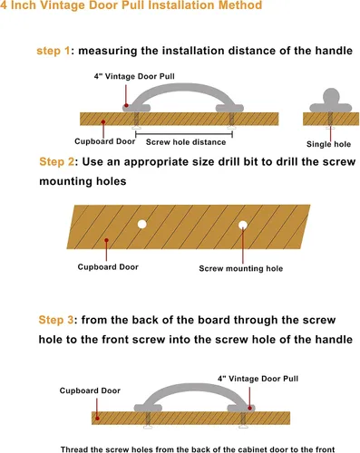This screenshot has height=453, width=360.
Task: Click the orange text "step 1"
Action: click(x=54, y=51)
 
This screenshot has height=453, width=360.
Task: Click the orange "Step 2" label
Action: click(x=56, y=161)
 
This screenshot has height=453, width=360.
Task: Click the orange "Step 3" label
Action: click(x=56, y=320)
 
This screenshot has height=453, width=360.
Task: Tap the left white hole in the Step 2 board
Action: click(x=142, y=224)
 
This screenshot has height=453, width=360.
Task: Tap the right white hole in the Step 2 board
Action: click(x=243, y=225)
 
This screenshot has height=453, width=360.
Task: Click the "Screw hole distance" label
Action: click(x=186, y=142)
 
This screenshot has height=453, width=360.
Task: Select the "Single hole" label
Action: click(x=328, y=144)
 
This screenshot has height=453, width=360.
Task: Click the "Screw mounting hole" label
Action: click(x=241, y=268)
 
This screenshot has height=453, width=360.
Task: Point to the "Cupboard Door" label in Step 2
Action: click(x=108, y=267)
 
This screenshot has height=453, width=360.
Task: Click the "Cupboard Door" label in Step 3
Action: click(x=90, y=390)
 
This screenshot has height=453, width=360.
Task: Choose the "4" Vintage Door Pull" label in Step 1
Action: click(x=134, y=76)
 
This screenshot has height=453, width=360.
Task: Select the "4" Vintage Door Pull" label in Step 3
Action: click(x=258, y=379)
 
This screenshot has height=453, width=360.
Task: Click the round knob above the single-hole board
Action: click(x=331, y=96)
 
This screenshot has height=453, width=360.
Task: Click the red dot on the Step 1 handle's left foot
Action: click(x=127, y=105)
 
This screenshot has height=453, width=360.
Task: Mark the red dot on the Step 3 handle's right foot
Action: click(x=249, y=408)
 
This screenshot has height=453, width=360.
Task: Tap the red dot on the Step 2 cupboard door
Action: click(x=106, y=240)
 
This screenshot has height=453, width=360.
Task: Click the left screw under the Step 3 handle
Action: click(x=148, y=419)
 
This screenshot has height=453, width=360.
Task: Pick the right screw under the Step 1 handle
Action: click(x=231, y=120)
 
